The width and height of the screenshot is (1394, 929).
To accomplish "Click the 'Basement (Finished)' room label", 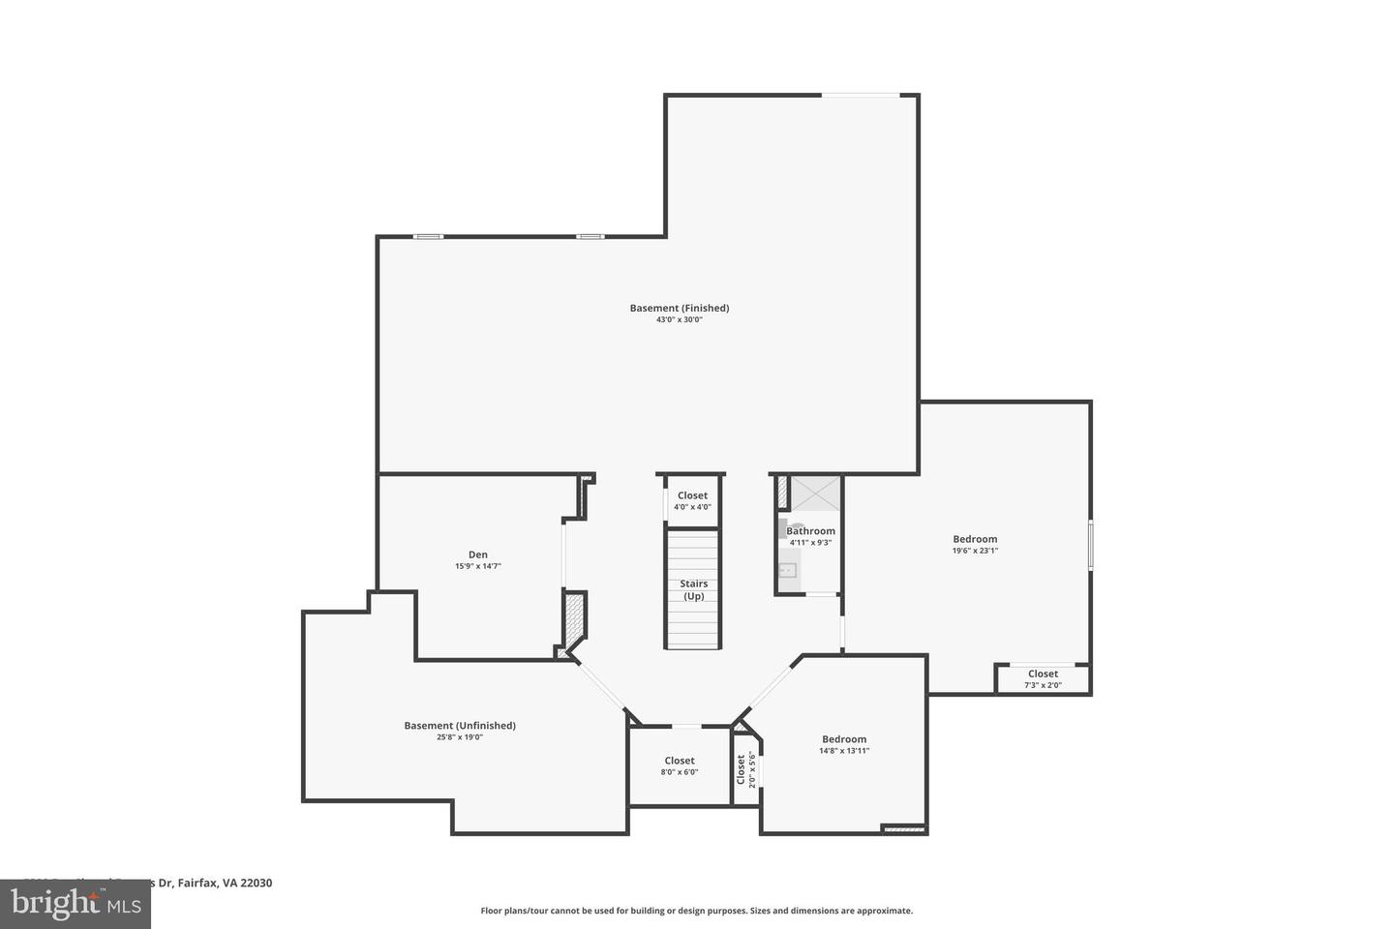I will click(x=679, y=308).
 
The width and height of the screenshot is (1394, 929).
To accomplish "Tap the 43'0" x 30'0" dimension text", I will click(x=679, y=319).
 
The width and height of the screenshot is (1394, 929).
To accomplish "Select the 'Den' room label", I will click(x=478, y=554).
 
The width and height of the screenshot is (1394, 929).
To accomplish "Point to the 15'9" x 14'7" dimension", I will click(x=478, y=566).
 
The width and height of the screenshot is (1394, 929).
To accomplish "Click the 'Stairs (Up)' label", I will click(x=693, y=589).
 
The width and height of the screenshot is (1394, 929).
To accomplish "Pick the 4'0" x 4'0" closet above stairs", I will click(x=692, y=500).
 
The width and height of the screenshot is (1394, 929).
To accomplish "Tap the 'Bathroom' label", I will click(x=810, y=530).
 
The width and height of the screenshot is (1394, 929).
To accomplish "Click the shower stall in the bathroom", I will click(x=816, y=494).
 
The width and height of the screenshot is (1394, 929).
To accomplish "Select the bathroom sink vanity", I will click(x=787, y=570).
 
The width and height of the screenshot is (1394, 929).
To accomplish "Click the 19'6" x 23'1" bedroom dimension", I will click(x=975, y=551).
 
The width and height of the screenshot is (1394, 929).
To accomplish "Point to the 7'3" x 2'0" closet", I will click(x=1043, y=678).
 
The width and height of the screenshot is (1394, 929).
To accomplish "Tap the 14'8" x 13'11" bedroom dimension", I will click(x=844, y=750).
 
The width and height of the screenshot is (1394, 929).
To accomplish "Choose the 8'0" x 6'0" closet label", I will click(x=680, y=765).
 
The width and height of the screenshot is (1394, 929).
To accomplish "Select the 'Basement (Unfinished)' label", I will click(x=460, y=725).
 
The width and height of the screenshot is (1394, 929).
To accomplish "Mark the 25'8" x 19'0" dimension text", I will click(x=460, y=736).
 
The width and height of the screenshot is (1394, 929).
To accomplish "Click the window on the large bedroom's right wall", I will click(x=1090, y=544).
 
